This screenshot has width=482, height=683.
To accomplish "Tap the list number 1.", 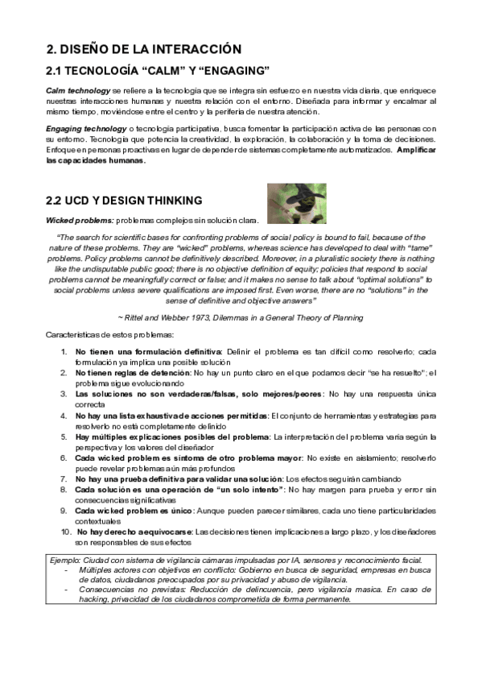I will [x=64, y=352].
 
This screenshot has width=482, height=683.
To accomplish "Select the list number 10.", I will [x=65, y=532].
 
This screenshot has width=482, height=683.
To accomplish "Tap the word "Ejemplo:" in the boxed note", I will [x=65, y=560].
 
